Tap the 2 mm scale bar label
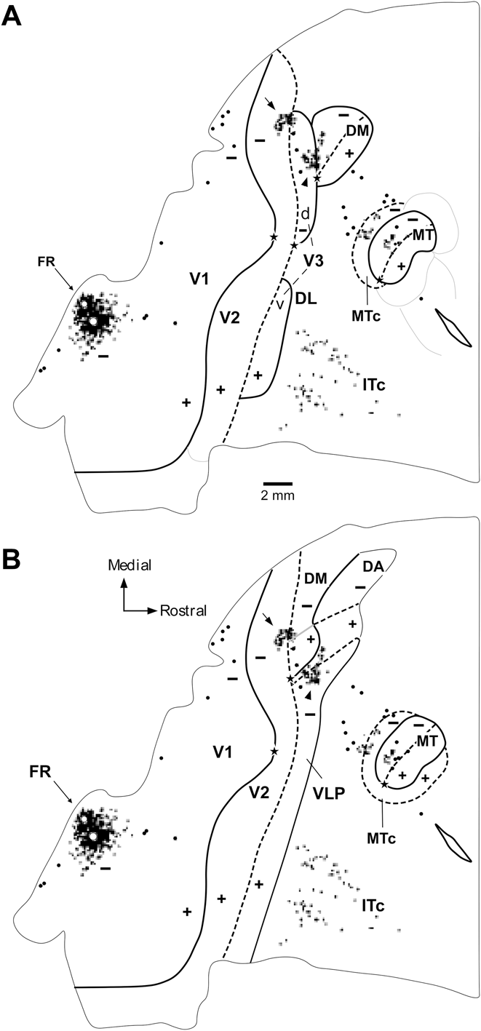(277, 495)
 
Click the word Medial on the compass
(124, 564)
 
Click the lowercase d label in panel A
(305, 215)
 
